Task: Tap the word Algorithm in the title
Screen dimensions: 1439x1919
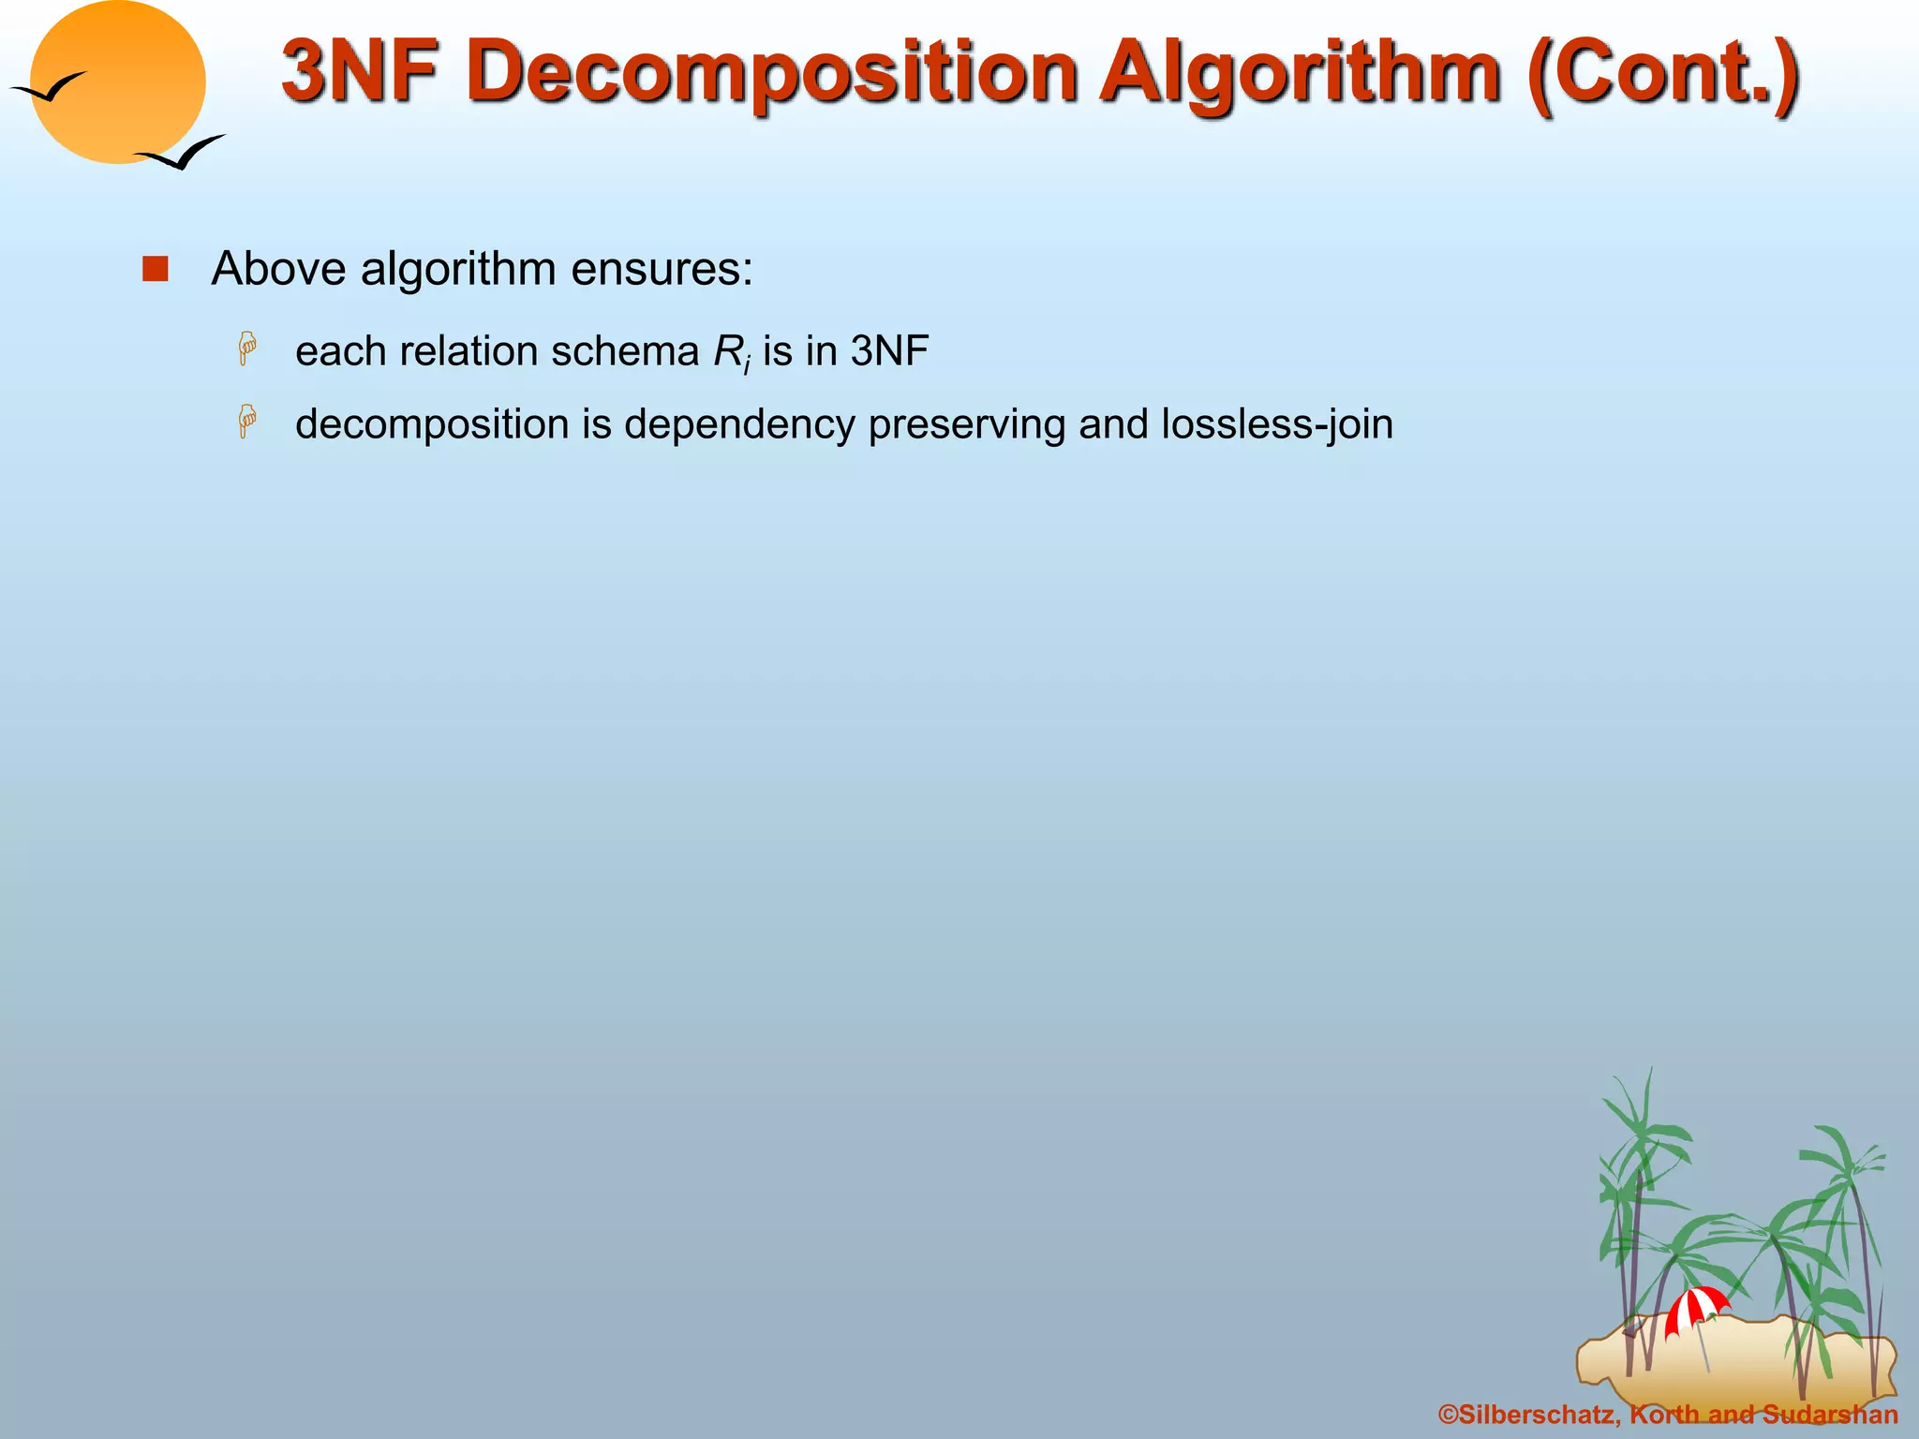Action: pos(1301,73)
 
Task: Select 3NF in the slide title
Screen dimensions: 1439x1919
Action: pos(360,71)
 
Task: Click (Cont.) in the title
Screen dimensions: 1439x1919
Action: pos(1662,73)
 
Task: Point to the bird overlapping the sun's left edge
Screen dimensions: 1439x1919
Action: pos(49,88)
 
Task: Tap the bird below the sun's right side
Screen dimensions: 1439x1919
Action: pos(181,152)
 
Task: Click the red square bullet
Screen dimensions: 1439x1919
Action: pos(155,270)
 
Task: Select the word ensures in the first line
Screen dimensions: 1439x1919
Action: pos(662,270)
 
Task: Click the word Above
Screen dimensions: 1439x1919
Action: pos(278,270)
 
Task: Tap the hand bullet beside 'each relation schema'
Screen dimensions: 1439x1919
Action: pos(247,349)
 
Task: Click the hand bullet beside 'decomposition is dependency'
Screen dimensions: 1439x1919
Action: pos(247,422)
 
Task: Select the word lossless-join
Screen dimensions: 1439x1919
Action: pos(1277,424)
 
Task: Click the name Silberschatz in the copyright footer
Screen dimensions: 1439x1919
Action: pos(1538,1415)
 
